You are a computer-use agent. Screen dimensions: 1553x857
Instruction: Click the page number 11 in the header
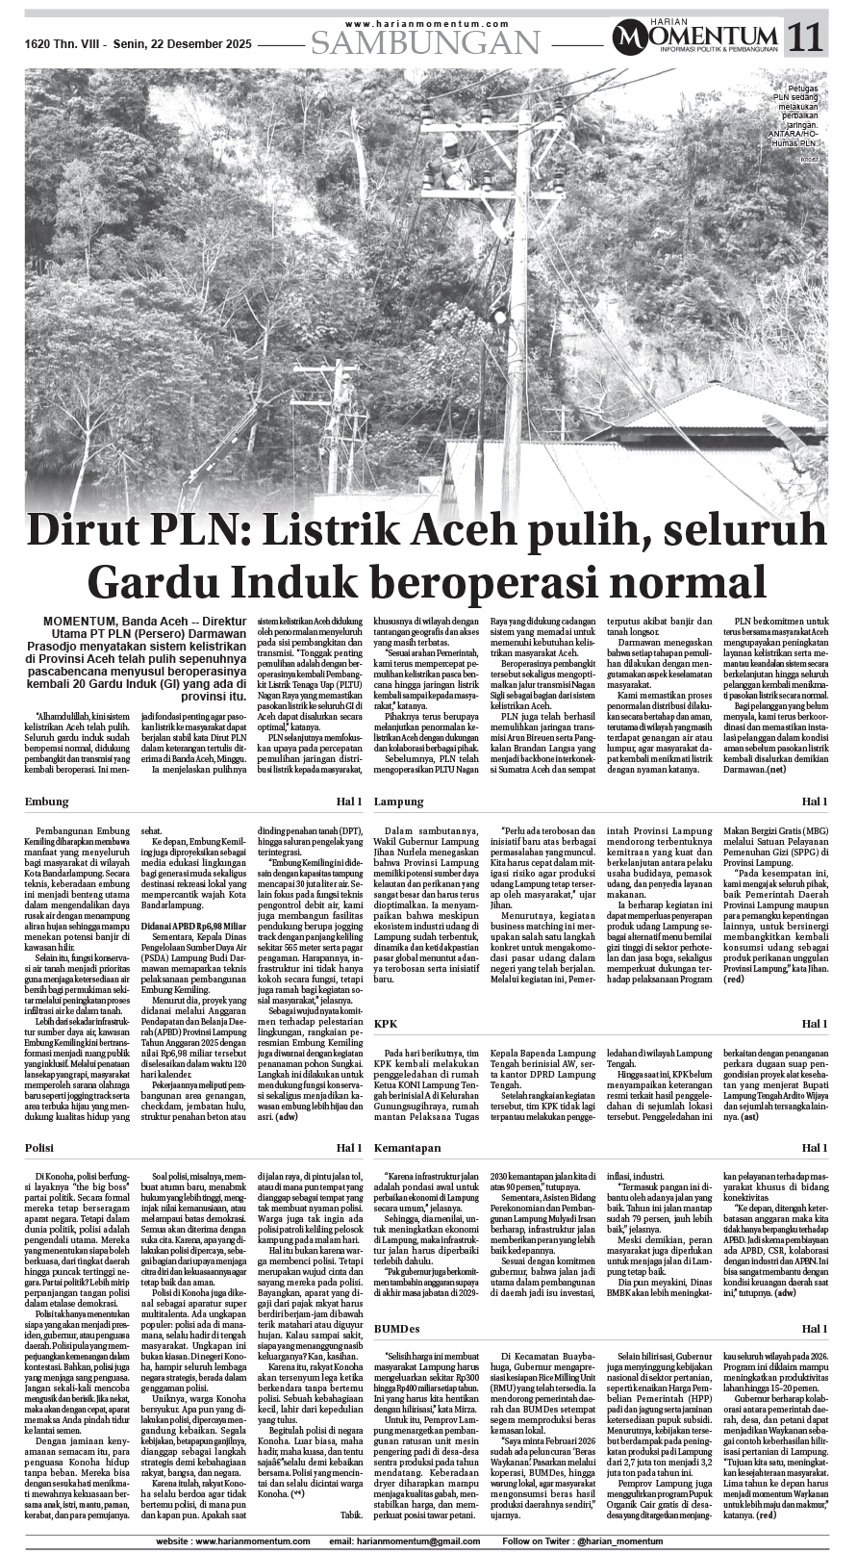tap(807, 38)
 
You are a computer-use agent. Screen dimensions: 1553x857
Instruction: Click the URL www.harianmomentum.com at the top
tap(425, 23)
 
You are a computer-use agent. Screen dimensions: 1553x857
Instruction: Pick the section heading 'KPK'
tap(386, 1023)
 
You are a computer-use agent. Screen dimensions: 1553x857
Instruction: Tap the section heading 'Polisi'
tap(41, 1149)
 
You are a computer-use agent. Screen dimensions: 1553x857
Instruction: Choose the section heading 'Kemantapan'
tap(408, 1149)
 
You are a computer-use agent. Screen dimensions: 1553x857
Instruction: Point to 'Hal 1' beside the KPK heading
tap(815, 1023)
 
